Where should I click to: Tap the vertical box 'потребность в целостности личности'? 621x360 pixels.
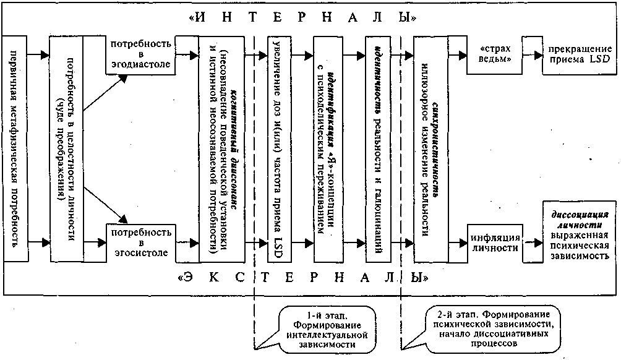[x=66, y=148]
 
